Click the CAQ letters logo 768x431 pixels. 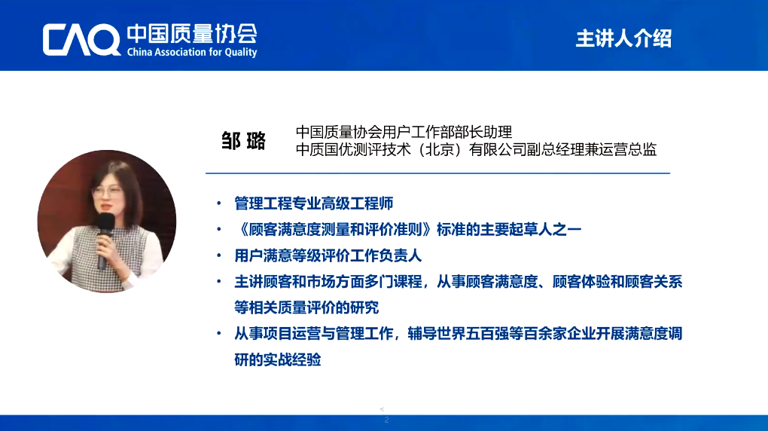81,40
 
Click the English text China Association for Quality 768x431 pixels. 192,52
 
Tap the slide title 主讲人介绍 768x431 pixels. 623,38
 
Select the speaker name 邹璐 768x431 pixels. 243,141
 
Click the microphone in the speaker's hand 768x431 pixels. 105,240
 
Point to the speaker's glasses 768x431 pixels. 107,191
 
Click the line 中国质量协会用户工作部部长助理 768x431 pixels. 404,132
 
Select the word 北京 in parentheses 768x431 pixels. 440,149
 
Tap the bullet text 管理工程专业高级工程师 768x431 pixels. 313,203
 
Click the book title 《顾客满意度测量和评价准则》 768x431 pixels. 335,230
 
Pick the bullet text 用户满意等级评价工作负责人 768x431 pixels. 328,255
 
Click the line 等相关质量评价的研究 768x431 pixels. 306,307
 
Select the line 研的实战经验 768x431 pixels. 277,360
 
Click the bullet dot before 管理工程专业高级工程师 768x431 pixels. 219,203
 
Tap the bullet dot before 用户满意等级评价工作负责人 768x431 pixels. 219,255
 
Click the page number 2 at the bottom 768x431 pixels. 386,420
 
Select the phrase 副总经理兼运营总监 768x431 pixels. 592,149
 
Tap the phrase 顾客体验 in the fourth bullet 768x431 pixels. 581,282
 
